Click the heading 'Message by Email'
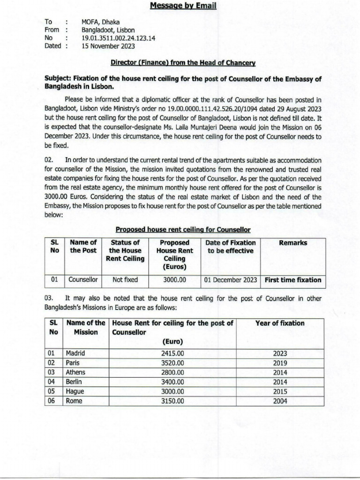183,6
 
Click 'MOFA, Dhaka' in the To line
100,22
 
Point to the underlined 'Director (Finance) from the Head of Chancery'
183,62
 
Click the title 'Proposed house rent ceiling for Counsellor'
183,229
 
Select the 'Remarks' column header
293,243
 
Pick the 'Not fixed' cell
125,280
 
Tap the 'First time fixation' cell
293,280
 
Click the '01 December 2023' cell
230,280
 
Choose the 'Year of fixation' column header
280,323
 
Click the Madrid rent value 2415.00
172,353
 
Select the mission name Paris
73,363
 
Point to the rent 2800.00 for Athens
172,372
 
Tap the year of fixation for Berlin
280,382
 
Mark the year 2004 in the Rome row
280,401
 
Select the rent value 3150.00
172,401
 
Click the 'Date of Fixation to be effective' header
230,247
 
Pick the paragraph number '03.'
50,297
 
